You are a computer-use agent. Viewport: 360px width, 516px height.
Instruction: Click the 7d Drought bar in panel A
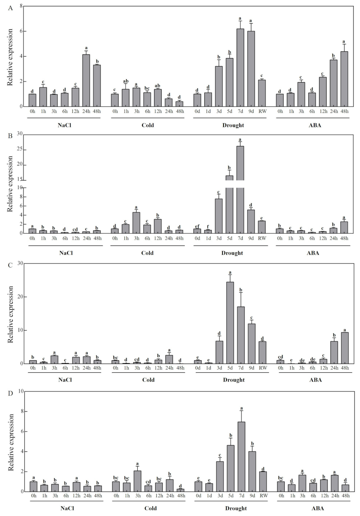click(240, 68)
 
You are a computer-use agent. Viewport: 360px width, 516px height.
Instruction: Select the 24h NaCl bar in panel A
click(86, 80)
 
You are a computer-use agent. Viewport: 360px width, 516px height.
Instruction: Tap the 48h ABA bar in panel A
click(344, 79)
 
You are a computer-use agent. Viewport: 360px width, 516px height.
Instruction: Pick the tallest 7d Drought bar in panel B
click(240, 188)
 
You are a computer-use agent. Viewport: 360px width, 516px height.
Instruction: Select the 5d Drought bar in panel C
click(230, 323)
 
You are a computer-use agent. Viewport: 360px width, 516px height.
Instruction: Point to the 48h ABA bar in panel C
click(345, 348)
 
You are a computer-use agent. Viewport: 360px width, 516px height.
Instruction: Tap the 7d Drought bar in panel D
click(241, 456)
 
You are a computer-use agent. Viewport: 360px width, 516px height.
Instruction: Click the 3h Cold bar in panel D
click(138, 481)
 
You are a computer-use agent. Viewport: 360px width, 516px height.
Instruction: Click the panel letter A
click(10, 8)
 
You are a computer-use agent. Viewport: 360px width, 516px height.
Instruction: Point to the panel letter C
click(10, 265)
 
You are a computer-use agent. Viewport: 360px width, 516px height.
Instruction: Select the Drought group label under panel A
click(233, 125)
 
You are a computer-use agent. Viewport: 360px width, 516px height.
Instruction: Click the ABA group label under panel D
click(316, 508)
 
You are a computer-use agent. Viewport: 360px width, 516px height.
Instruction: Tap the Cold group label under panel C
click(148, 380)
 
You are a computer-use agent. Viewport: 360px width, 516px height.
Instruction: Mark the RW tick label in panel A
click(262, 111)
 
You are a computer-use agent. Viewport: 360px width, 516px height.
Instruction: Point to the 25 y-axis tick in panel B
click(19, 150)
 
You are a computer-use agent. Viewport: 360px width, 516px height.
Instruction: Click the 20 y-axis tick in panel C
click(19, 297)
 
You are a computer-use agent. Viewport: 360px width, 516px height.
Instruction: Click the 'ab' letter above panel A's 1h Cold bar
click(126, 81)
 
